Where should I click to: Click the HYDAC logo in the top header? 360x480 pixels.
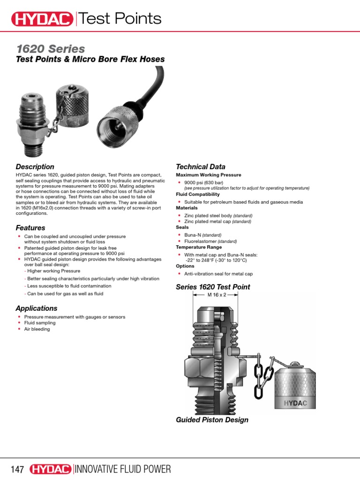[42, 19]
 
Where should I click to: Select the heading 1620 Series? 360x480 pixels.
[51, 49]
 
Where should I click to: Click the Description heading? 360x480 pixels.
[35, 167]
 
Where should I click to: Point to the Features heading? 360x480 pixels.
[30, 228]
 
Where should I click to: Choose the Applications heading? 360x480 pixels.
[37, 308]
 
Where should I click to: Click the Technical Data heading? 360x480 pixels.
[201, 167]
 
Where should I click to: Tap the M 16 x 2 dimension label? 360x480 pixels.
[217, 295]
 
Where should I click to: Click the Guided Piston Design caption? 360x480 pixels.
[212, 420]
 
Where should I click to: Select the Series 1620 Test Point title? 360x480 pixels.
[213, 287]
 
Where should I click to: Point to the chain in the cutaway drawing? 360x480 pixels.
[261, 370]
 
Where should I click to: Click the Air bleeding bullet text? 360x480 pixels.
[37, 329]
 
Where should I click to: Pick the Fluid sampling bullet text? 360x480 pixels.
[40, 323]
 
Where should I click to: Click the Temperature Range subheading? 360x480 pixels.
[199, 247]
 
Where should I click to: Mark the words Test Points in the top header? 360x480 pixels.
[120, 19]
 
